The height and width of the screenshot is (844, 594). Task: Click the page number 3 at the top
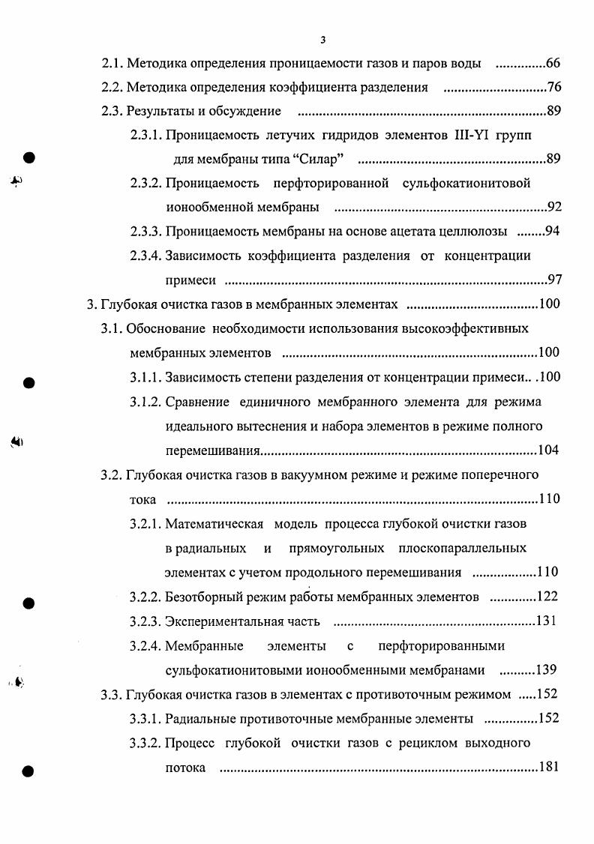click(x=322, y=40)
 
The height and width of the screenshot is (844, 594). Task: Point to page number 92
click(x=553, y=207)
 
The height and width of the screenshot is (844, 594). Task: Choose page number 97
click(x=554, y=280)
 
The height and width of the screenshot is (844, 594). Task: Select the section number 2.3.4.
click(x=146, y=256)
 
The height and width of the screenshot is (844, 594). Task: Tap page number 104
click(x=548, y=450)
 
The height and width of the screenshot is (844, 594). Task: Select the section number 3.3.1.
click(x=145, y=718)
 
